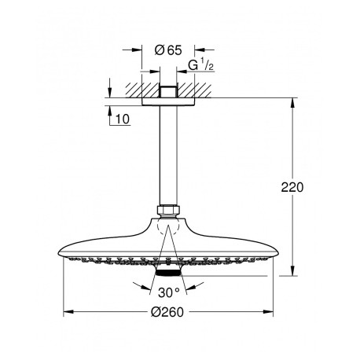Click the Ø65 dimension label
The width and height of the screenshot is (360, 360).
[168, 50]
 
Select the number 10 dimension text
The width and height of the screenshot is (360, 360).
[123, 119]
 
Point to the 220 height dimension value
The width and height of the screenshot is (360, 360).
[292, 187]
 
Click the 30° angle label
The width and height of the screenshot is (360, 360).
[169, 292]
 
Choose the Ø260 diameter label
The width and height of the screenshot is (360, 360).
[167, 312]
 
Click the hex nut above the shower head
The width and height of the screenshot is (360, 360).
[168, 210]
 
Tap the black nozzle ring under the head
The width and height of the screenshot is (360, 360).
[168, 273]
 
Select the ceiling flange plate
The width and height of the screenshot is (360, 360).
[168, 101]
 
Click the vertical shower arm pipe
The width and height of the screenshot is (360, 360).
[168, 156]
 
